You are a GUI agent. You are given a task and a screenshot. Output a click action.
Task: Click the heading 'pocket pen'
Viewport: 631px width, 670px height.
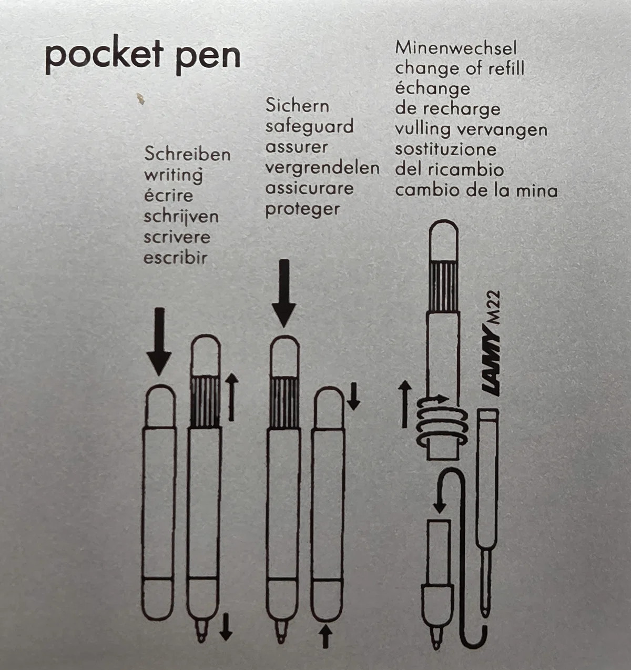point(143,55)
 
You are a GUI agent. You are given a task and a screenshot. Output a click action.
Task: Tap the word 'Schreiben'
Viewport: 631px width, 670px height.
point(187,155)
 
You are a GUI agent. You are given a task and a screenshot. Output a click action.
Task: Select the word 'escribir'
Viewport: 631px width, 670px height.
point(176,258)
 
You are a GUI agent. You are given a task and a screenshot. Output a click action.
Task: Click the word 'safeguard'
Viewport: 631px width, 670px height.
point(309,127)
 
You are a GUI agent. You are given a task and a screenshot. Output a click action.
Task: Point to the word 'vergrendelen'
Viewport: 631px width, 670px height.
point(322,168)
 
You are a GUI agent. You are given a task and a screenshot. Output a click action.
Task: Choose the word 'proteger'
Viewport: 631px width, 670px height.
point(302,210)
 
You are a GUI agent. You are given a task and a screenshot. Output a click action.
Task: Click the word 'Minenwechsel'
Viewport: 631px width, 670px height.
point(456,48)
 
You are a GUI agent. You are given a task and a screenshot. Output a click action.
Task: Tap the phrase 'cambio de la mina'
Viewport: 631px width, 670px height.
point(476,190)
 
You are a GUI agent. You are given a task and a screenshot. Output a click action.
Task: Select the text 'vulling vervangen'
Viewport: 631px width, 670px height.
point(471,130)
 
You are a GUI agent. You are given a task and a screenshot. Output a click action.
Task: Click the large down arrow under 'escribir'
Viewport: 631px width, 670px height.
point(159,341)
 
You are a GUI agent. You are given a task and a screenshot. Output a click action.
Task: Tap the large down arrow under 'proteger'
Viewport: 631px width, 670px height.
point(284,293)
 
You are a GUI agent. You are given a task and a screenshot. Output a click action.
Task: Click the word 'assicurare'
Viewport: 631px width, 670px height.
point(309,188)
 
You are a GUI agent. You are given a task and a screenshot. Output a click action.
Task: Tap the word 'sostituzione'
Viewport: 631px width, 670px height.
point(446,149)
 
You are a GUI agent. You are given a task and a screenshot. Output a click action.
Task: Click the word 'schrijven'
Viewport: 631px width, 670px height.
point(181,217)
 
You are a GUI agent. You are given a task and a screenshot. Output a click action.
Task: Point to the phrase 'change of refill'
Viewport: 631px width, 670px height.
point(460,68)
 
